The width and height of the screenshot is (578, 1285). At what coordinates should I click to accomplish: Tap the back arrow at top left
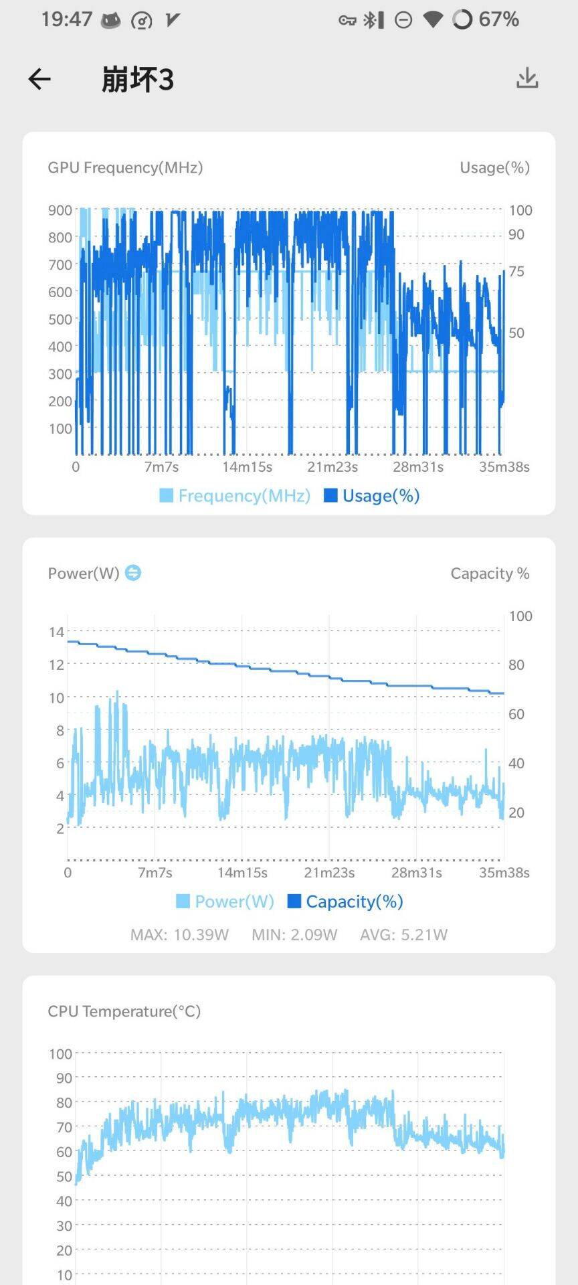[x=39, y=79]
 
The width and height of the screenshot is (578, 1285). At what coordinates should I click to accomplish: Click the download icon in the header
[x=527, y=78]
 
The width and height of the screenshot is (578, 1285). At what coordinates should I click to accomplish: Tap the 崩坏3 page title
[x=137, y=80]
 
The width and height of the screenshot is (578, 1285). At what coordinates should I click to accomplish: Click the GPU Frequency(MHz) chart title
[x=125, y=167]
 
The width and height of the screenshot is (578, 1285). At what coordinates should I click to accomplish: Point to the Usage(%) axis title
[x=494, y=167]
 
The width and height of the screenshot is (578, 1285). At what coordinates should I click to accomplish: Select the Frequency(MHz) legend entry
[x=235, y=495]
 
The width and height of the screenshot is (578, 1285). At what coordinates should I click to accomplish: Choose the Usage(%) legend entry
[x=372, y=495]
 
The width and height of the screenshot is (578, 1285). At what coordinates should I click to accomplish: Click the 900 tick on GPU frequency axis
[x=60, y=210]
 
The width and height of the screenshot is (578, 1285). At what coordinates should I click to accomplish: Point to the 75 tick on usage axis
[x=516, y=271]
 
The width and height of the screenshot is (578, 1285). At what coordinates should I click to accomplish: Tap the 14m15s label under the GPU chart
[x=247, y=466]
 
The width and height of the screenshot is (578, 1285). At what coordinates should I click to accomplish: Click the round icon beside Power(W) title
[x=133, y=573]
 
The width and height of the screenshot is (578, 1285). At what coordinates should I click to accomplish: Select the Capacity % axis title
[x=490, y=574]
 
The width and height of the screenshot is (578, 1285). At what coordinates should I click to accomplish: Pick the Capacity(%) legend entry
[x=345, y=902]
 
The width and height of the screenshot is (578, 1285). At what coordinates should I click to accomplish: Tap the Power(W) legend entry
[x=225, y=902]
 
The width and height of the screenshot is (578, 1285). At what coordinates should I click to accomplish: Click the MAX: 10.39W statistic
[x=179, y=934]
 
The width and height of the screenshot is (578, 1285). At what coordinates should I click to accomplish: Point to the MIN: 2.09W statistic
[x=294, y=934]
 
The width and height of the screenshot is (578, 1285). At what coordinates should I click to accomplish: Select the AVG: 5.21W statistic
[x=403, y=934]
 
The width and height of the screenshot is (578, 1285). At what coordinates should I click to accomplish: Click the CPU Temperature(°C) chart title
[x=124, y=1011]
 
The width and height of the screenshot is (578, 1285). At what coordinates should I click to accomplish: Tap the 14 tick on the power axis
[x=56, y=632]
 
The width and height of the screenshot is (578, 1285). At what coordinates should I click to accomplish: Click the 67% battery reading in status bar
[x=498, y=19]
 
